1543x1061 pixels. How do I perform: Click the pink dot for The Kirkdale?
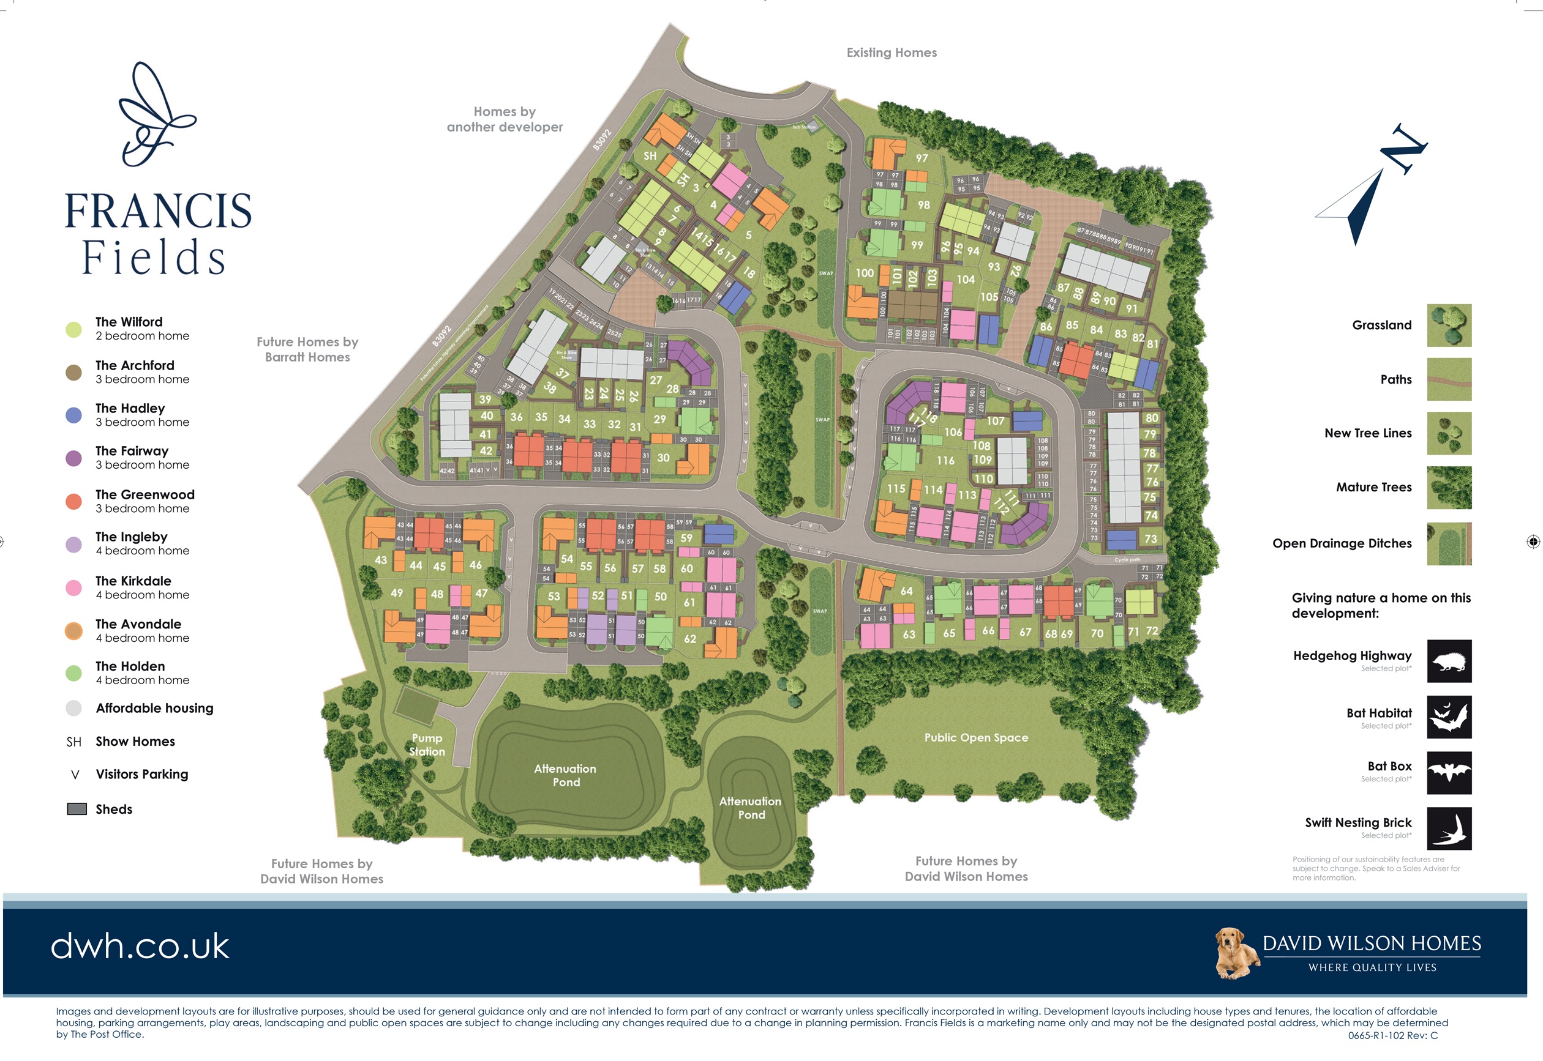pos(74,587)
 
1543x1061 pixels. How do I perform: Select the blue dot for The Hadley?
pos(74,415)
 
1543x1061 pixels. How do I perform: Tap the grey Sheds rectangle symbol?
pos(77,809)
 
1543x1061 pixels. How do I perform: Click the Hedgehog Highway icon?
pos(1449,661)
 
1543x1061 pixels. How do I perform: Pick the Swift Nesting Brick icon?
pos(1449,829)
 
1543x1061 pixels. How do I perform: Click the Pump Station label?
pos(427,745)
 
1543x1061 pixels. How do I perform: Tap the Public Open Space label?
pos(975,737)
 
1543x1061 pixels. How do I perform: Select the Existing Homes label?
pos(892,53)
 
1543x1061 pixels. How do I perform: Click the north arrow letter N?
pos(1403,149)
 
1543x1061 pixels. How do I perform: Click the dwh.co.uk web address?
pos(140,945)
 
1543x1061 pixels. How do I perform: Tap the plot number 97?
pos(921,158)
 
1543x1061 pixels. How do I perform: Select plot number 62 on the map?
pos(690,639)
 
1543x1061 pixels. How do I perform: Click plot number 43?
pos(380,560)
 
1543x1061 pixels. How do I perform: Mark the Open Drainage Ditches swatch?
pos(1449,544)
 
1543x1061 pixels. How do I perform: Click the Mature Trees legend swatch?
pos(1449,487)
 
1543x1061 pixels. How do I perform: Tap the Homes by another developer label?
pos(504,119)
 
